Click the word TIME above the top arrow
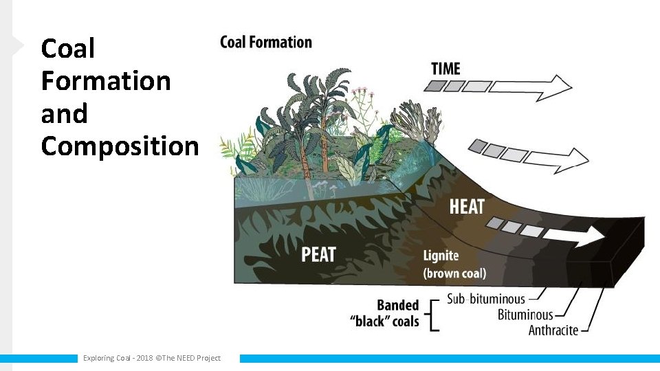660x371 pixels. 445,69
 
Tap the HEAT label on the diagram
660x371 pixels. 467,206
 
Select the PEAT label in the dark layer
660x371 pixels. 319,255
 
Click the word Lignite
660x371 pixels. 441,256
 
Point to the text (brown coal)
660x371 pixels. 454,273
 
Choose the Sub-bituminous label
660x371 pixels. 485,299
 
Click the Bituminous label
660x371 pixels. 525,315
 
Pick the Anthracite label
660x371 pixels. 553,330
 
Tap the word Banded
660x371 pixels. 397,305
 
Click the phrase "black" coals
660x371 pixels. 385,321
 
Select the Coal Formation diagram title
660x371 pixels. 265,42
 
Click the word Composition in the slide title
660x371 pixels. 120,146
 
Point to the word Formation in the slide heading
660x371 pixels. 106,80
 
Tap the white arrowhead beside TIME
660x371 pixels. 559,86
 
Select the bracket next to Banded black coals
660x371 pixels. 433,315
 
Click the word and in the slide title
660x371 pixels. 64,113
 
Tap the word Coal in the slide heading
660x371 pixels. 67,48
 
